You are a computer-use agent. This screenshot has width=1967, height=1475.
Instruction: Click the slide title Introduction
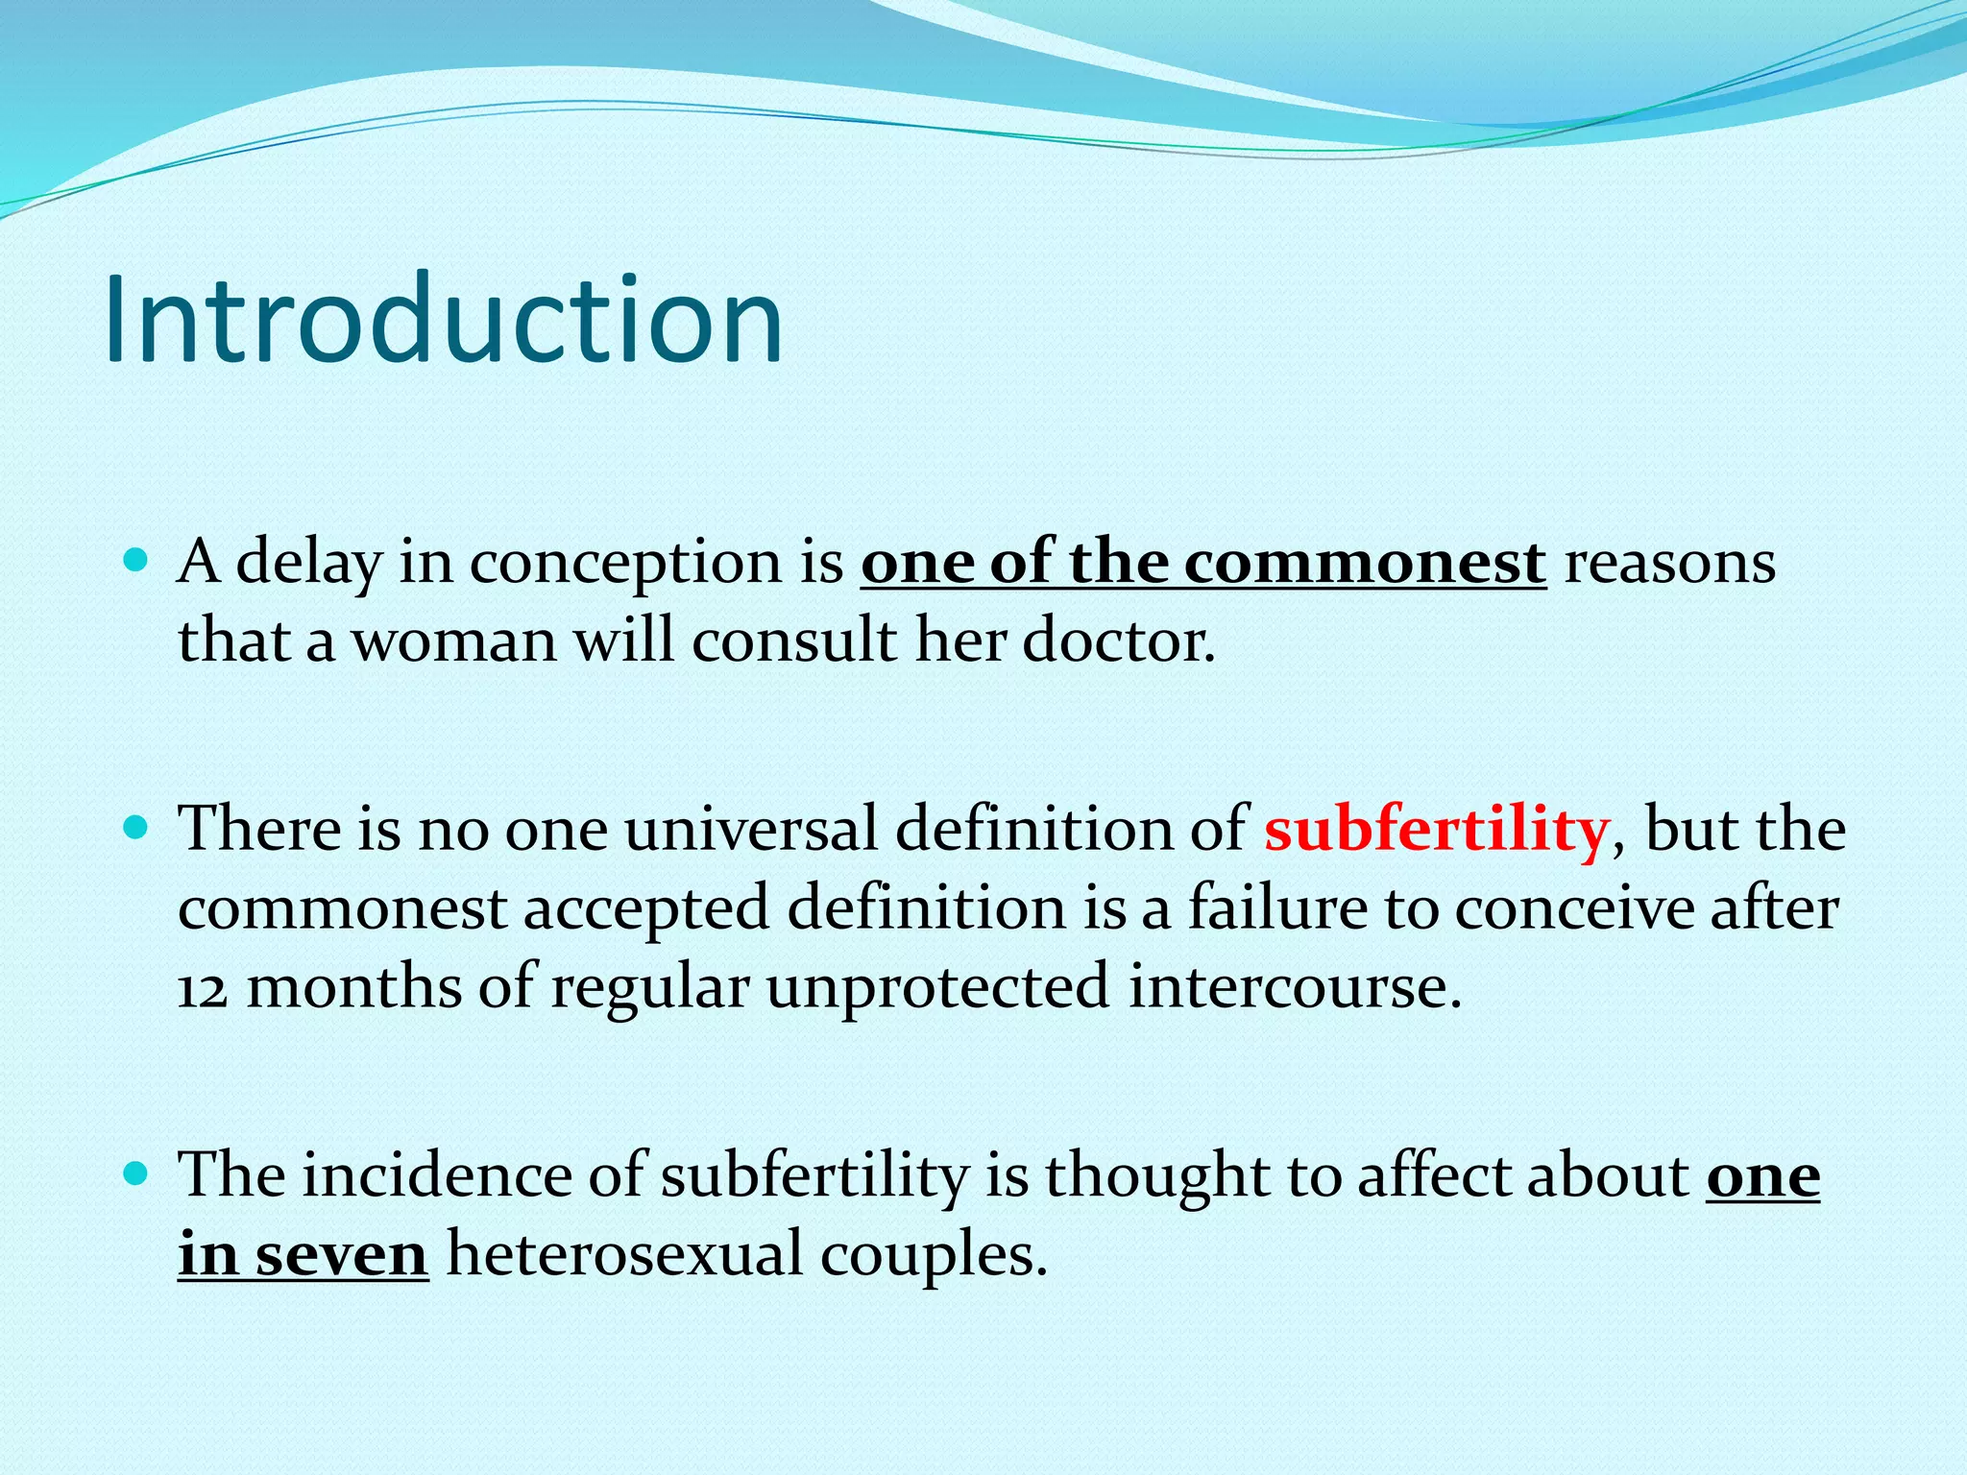coord(444,320)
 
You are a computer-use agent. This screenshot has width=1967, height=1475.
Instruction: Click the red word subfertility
coord(1436,829)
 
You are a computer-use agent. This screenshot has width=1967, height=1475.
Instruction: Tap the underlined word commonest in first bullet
coord(1365,563)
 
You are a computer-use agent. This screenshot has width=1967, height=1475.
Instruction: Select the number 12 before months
coord(203,989)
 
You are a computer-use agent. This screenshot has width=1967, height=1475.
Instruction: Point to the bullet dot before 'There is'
coord(136,826)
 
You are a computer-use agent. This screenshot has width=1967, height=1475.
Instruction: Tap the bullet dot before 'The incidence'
coord(136,1173)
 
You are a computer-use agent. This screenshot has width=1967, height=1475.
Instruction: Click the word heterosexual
coord(624,1255)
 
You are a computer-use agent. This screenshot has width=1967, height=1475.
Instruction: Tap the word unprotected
coord(937,989)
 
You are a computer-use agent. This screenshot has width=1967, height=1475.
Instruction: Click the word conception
coord(625,563)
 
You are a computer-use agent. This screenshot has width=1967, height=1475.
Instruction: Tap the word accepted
coord(646,909)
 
